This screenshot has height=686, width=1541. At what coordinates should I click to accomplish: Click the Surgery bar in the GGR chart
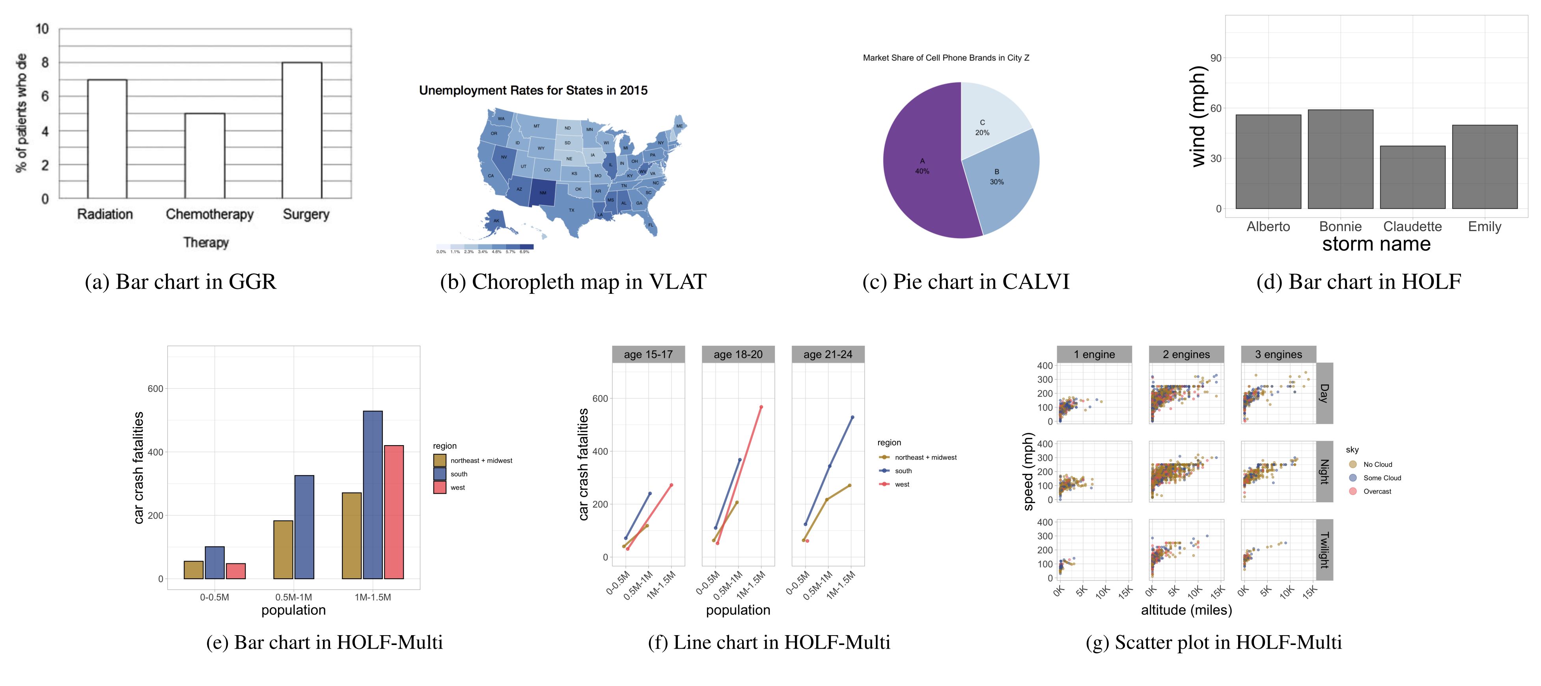[x=302, y=130]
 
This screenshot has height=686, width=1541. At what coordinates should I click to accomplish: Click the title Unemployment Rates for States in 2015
[x=533, y=90]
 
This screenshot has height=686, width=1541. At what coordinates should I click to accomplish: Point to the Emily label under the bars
[x=1484, y=227]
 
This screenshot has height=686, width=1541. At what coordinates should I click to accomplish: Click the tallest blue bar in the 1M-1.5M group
[x=373, y=495]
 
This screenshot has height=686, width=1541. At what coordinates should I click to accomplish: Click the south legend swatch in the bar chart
[x=440, y=473]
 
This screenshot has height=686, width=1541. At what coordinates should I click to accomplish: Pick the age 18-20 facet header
[x=738, y=354]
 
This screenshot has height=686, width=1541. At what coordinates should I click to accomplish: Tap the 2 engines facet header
[x=1186, y=354]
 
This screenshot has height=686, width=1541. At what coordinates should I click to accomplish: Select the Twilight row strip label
[x=1325, y=550]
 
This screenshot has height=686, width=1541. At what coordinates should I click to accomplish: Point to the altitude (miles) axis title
[x=1186, y=610]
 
